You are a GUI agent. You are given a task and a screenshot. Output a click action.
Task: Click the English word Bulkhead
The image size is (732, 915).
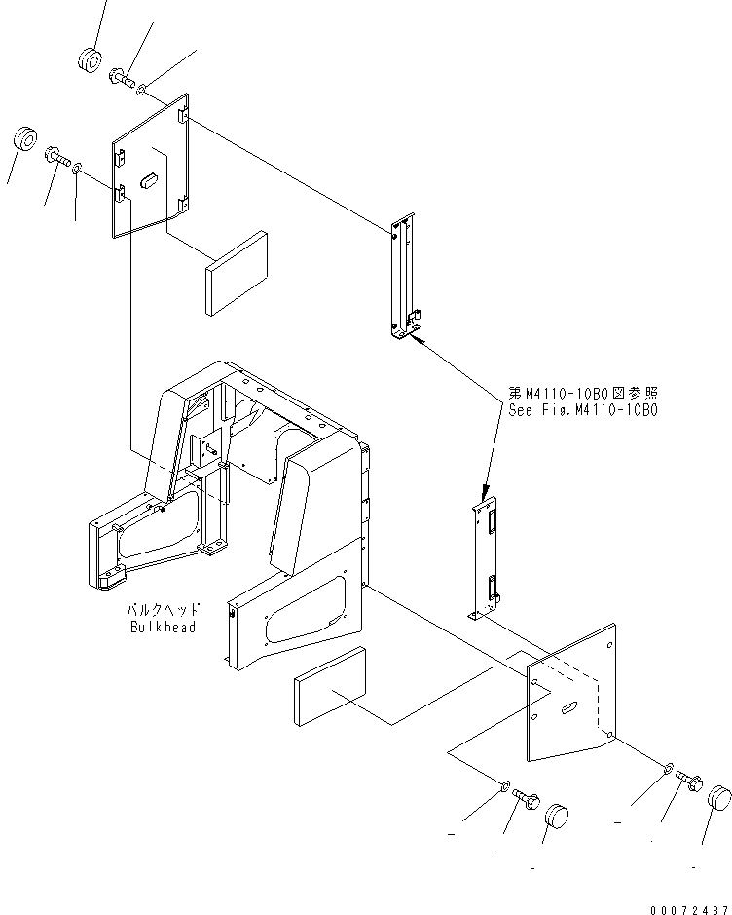pos(163,628)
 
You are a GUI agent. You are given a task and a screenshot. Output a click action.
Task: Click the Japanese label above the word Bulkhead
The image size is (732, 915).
pos(164,610)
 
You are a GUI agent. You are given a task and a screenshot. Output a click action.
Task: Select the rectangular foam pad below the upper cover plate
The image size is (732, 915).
pos(237,274)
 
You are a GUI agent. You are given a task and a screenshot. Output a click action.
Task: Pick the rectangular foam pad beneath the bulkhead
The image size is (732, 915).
pos(328,688)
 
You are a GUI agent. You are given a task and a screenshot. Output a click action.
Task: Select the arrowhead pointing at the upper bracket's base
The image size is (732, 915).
pos(418,338)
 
